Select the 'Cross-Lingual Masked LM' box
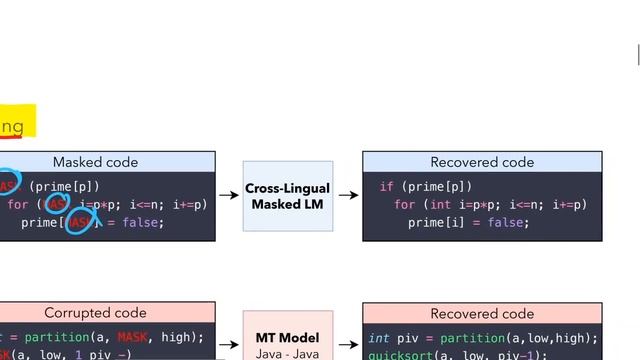(x=287, y=196)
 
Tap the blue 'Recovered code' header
(x=482, y=162)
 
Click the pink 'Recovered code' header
(x=482, y=313)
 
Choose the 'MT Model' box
(x=287, y=338)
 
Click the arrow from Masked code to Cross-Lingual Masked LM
(x=229, y=196)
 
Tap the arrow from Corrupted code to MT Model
(x=229, y=338)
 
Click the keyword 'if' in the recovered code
(x=386, y=187)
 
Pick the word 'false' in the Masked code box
(x=143, y=223)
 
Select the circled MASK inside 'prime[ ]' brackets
(x=78, y=223)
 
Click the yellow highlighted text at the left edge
(x=14, y=126)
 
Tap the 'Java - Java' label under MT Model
(x=287, y=354)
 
